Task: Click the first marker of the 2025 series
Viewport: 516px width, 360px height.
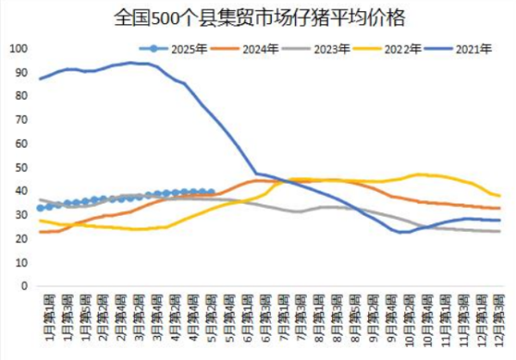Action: coord(40,208)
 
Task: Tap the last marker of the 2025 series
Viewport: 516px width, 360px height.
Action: coord(211,192)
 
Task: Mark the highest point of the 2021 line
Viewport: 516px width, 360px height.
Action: coord(132,62)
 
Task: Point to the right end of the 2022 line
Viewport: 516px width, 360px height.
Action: coord(500,196)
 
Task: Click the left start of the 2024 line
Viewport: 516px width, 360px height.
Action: coord(40,232)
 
